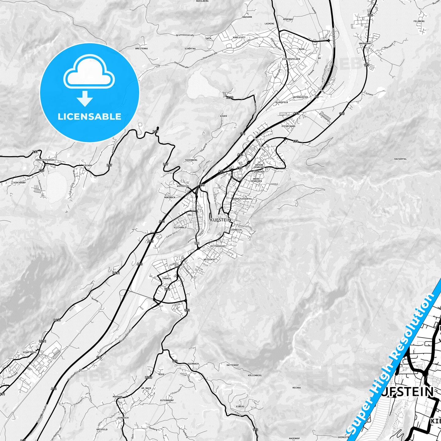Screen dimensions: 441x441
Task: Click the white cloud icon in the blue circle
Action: point(89,73)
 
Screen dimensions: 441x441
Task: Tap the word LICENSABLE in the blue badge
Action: point(89,116)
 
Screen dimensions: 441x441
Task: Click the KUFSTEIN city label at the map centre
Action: point(220,220)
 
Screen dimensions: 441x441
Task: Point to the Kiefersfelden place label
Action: point(291,59)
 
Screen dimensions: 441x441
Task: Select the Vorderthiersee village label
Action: point(45,160)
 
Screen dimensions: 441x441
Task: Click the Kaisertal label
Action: point(400,159)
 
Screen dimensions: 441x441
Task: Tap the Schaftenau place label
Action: point(30,352)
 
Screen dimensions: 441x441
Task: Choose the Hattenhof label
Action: point(233,365)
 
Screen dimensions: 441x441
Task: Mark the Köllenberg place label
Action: point(255,375)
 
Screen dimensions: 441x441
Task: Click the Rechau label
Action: point(296,388)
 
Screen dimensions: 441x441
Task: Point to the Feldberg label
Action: point(419,21)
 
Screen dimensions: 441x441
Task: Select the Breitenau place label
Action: point(142,48)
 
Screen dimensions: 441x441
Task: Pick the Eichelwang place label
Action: point(288,126)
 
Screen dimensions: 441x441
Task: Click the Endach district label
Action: point(167,278)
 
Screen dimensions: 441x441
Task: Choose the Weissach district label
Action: point(209,259)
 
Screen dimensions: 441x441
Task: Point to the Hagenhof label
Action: point(294,438)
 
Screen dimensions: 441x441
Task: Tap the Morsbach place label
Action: point(170,197)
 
